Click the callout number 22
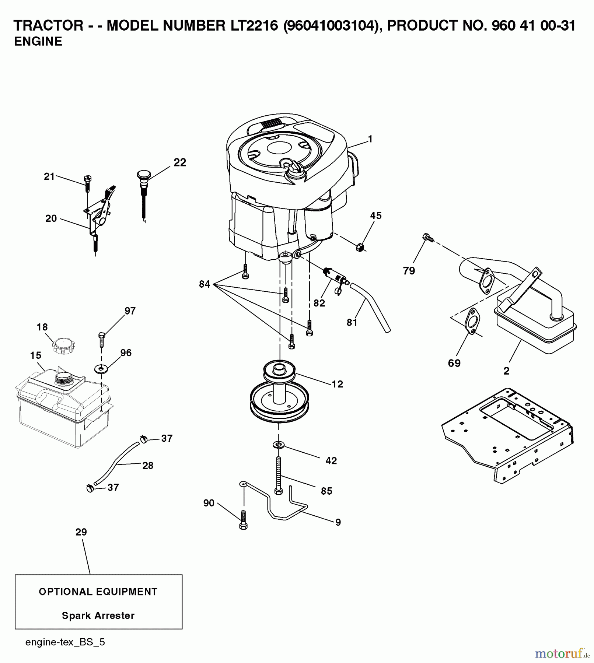pyautogui.click(x=180, y=162)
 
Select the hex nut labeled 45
pyautogui.click(x=360, y=247)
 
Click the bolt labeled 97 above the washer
pyautogui.click(x=102, y=339)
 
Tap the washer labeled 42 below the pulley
pyautogui.click(x=279, y=445)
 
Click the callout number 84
pyautogui.click(x=205, y=284)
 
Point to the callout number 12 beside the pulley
pyautogui.click(x=337, y=384)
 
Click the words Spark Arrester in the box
pyautogui.click(x=98, y=615)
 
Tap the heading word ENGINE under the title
pyautogui.click(x=38, y=42)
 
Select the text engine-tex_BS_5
pyautogui.click(x=65, y=642)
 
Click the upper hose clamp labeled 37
pyautogui.click(x=144, y=439)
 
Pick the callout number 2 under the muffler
pyautogui.click(x=506, y=371)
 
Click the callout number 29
pyautogui.click(x=81, y=532)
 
